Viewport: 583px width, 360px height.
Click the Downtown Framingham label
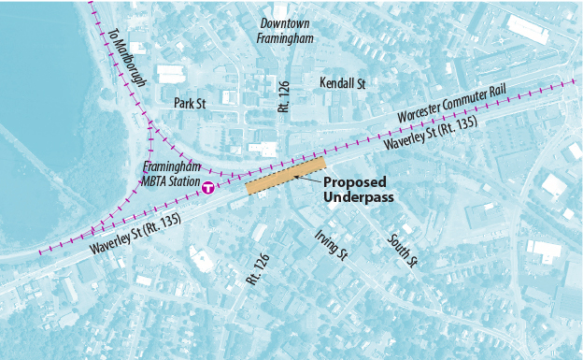[287, 30]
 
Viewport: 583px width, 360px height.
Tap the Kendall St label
[342, 83]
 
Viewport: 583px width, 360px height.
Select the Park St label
[190, 103]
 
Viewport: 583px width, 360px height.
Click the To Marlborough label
[128, 58]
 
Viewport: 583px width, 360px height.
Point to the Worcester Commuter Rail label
[445, 108]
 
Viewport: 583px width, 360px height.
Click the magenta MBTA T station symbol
[208, 187]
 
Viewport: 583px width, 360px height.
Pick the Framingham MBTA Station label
[171, 176]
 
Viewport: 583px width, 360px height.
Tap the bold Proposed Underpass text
[359, 190]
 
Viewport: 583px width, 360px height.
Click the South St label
[400, 250]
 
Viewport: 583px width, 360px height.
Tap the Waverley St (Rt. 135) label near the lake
[135, 237]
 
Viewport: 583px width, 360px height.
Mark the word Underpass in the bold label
[359, 197]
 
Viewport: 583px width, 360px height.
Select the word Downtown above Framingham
[287, 22]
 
